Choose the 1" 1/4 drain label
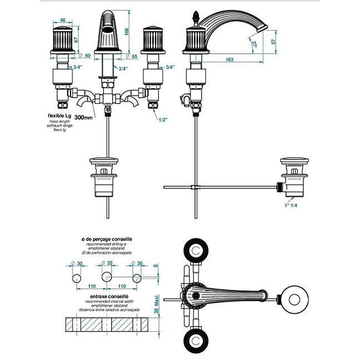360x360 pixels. [290, 206]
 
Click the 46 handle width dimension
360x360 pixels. [62, 20]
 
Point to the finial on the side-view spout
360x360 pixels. [196, 15]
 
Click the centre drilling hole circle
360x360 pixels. [106, 277]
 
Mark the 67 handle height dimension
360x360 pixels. [74, 39]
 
